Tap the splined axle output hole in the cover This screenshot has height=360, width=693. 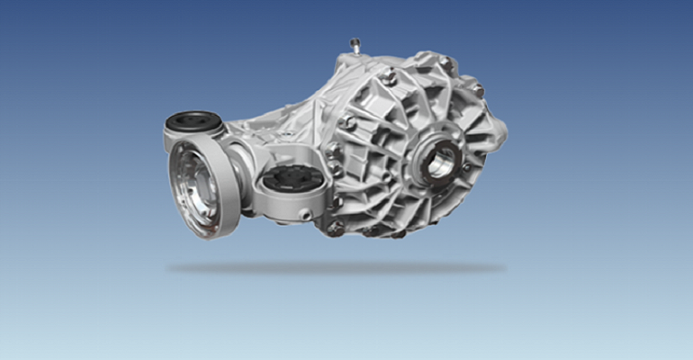(443, 163)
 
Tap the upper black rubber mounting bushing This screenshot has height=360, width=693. (194, 120)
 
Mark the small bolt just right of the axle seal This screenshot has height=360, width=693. (467, 167)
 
